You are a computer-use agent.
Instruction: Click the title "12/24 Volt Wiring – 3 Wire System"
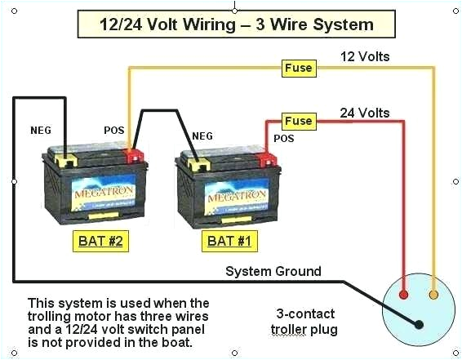236,24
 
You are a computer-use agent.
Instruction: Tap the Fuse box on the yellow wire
298,68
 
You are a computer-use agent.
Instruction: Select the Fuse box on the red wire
298,121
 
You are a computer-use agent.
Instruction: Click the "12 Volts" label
365,56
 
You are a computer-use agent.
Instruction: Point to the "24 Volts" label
365,113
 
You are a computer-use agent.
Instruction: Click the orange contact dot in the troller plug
433,294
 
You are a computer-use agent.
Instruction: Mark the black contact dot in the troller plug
419,324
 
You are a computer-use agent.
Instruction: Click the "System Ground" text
273,271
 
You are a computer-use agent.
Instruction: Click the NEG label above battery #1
202,136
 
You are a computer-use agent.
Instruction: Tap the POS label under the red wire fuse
283,139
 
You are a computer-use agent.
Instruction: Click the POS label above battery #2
114,130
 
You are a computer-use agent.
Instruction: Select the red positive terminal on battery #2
132,154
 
